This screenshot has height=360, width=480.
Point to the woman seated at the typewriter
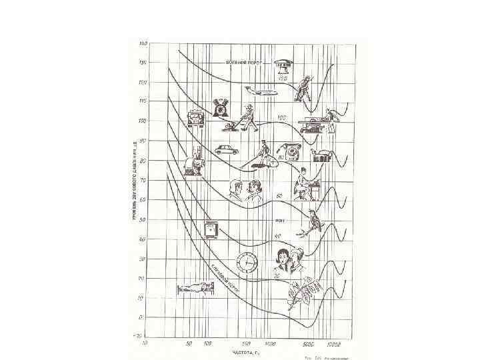[x=309, y=182]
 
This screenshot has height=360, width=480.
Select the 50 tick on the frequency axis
[x=189, y=343]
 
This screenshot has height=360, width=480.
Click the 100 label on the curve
[x=282, y=117]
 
